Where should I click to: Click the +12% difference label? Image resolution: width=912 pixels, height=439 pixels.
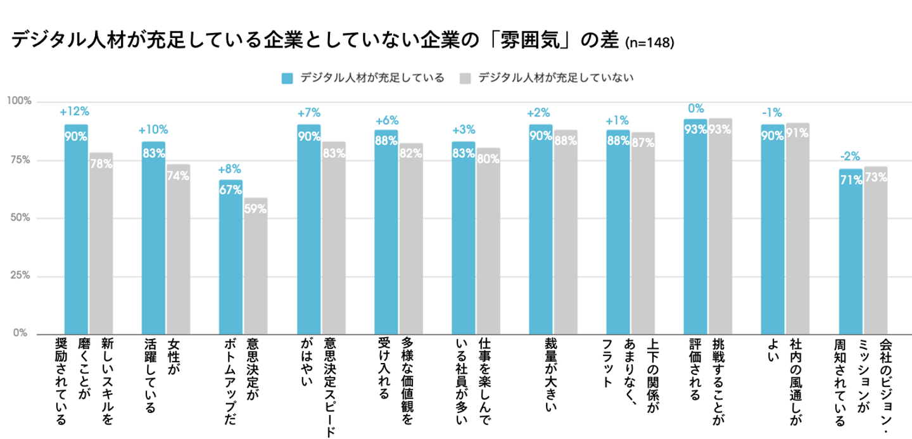75,112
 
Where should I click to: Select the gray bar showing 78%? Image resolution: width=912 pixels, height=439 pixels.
101,243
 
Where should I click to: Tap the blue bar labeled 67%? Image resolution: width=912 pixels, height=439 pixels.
231,257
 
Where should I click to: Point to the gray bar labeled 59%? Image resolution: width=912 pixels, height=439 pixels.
255,266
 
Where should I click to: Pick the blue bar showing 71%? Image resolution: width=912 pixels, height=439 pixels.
851,251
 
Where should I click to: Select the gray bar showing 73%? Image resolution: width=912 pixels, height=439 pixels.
875,250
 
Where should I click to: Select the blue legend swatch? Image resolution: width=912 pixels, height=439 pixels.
288,79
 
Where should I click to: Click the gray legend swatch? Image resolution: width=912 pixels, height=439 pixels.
466,79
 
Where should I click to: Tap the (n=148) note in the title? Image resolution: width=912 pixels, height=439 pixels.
649,43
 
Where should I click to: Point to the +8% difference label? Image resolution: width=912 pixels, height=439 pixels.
230,169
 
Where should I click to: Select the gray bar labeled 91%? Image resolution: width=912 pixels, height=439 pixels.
797,228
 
